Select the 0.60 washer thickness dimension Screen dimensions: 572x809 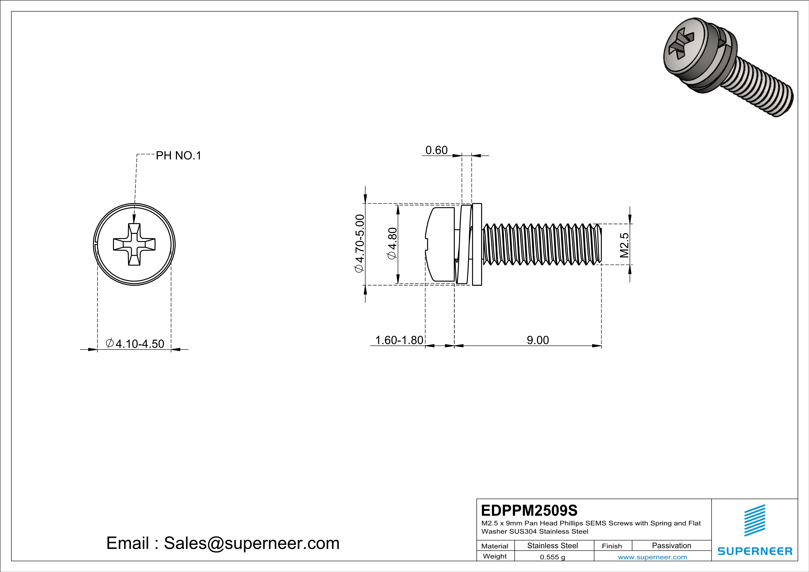436,150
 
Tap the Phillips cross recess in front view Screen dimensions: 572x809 134,244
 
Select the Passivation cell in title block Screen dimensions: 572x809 671,545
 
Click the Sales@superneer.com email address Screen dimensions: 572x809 252,543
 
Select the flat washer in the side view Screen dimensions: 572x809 477,244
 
